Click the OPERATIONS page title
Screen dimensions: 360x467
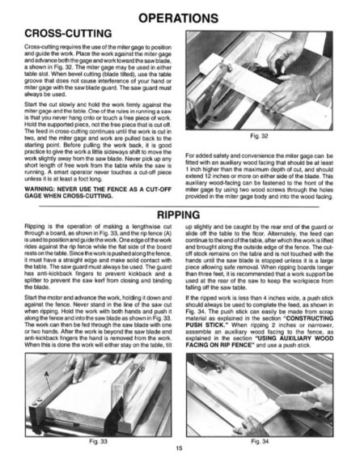click(179, 16)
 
